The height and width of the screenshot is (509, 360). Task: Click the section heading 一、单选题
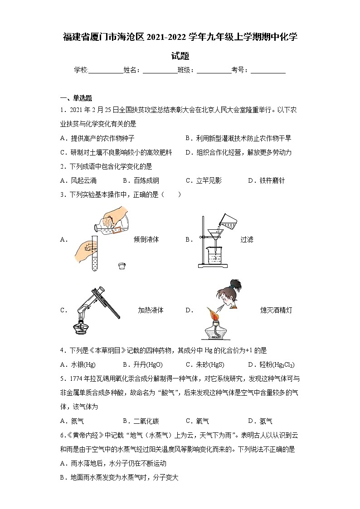tap(76, 98)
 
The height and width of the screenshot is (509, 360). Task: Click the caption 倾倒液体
tap(146, 240)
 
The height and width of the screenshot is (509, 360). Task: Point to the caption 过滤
tap(247, 240)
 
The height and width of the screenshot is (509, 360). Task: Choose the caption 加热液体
tap(151, 310)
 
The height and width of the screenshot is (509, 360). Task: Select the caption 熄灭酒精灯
tap(276, 310)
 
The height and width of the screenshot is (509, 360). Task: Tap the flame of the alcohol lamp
tap(212, 312)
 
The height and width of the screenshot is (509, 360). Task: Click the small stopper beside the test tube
tap(121, 266)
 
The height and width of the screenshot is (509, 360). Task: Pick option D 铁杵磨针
tap(266, 180)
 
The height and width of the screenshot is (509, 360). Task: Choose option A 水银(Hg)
tap(78, 364)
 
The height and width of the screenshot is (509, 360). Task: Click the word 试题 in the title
tap(180, 56)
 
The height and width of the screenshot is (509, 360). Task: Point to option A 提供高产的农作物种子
tap(97, 138)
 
